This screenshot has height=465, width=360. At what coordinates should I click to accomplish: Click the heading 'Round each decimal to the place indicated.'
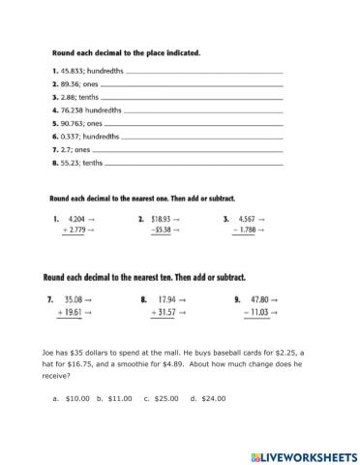(x=125, y=53)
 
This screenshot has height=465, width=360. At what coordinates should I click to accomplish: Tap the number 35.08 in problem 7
(x=77, y=300)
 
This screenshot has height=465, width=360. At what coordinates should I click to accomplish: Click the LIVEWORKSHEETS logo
(x=303, y=455)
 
